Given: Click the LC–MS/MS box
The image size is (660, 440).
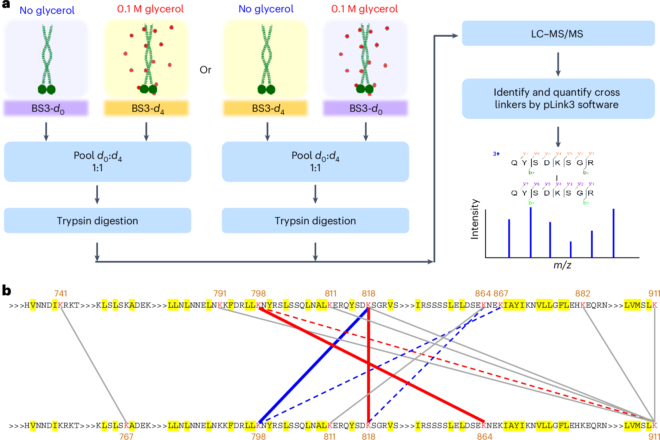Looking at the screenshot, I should pyautogui.click(x=558, y=34).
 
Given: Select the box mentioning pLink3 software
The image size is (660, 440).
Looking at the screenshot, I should pyautogui.click(x=558, y=98).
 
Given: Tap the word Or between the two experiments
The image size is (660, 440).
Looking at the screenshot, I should pyautogui.click(x=205, y=70).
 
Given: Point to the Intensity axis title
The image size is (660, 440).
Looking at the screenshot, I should pyautogui.click(x=475, y=219).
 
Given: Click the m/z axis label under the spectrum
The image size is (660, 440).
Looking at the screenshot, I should pyautogui.click(x=562, y=265).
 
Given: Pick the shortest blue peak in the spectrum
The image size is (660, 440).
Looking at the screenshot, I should pyautogui.click(x=571, y=249).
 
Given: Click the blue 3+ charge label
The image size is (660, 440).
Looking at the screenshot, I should pyautogui.click(x=496, y=154).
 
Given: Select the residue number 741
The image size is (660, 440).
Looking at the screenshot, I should pyautogui.click(x=61, y=294).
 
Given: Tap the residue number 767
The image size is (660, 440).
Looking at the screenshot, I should pyautogui.click(x=126, y=436).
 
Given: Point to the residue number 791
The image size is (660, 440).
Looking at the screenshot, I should pyautogui.click(x=220, y=294).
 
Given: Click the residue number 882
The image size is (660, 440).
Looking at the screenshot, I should pyautogui.click(x=583, y=294).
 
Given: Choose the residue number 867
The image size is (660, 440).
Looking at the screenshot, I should pyautogui.click(x=501, y=294).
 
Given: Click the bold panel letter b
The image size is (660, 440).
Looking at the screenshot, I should pyautogui.click(x=6, y=290).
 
